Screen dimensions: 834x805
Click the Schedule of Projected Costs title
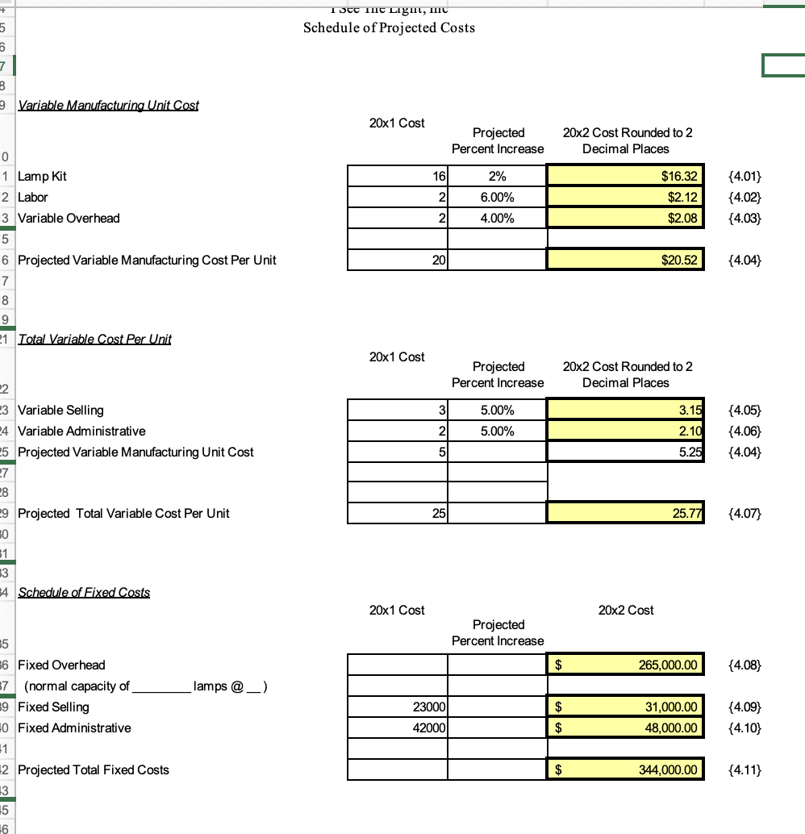[x=389, y=27]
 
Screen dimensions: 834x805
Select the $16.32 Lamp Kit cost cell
[x=626, y=176]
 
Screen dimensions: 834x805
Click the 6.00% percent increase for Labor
[x=498, y=197]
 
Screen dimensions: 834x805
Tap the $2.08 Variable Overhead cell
[x=626, y=218]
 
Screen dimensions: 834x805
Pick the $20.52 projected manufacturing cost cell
[x=626, y=260]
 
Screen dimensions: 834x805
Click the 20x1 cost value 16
[x=398, y=176]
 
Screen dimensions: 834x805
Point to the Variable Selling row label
[x=60, y=410]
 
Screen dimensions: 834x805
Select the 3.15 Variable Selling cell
[x=626, y=410]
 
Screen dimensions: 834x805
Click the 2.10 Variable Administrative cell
[x=626, y=431]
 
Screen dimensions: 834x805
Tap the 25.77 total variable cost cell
[x=626, y=513]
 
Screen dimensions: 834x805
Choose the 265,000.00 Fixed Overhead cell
[x=626, y=665]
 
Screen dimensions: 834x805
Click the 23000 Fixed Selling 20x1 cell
[x=398, y=707]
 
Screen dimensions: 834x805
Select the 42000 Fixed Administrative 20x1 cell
[x=398, y=728]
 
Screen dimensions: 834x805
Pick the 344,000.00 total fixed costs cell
[x=626, y=769]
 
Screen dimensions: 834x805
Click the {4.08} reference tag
[x=745, y=665]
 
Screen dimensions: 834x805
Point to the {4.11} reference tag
[x=745, y=769]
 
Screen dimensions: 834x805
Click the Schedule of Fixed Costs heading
[x=84, y=592]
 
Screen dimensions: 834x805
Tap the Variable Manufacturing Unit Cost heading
[x=108, y=105]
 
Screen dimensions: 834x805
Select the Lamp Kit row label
[x=42, y=176]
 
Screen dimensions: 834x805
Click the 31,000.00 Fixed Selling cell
[x=626, y=707]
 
